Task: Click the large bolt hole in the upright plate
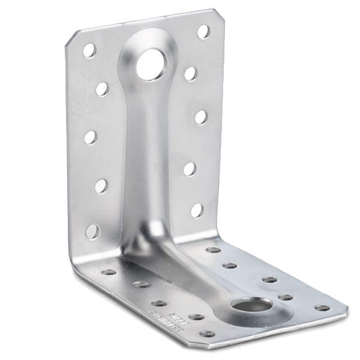pyautogui.click(x=149, y=65)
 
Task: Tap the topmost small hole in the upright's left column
pyautogui.click(x=89, y=50)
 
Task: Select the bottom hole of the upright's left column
pyautogui.click(x=93, y=231)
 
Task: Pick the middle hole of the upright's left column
pyautogui.click(x=91, y=137)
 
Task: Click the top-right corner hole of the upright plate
pyautogui.click(x=204, y=31)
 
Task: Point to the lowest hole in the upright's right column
pyautogui.click(x=197, y=210)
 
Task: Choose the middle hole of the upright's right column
pyautogui.click(x=201, y=117)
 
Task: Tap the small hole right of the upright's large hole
pyautogui.click(x=191, y=73)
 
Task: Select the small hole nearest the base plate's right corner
pyautogui.click(x=322, y=308)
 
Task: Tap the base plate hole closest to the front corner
pyautogui.click(x=208, y=334)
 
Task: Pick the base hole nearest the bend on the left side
pyautogui.click(x=109, y=272)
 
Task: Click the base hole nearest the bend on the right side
pyautogui.click(x=213, y=250)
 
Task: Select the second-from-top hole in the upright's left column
pyautogui.click(x=102, y=89)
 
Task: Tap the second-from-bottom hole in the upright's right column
pyautogui.click(x=190, y=169)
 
